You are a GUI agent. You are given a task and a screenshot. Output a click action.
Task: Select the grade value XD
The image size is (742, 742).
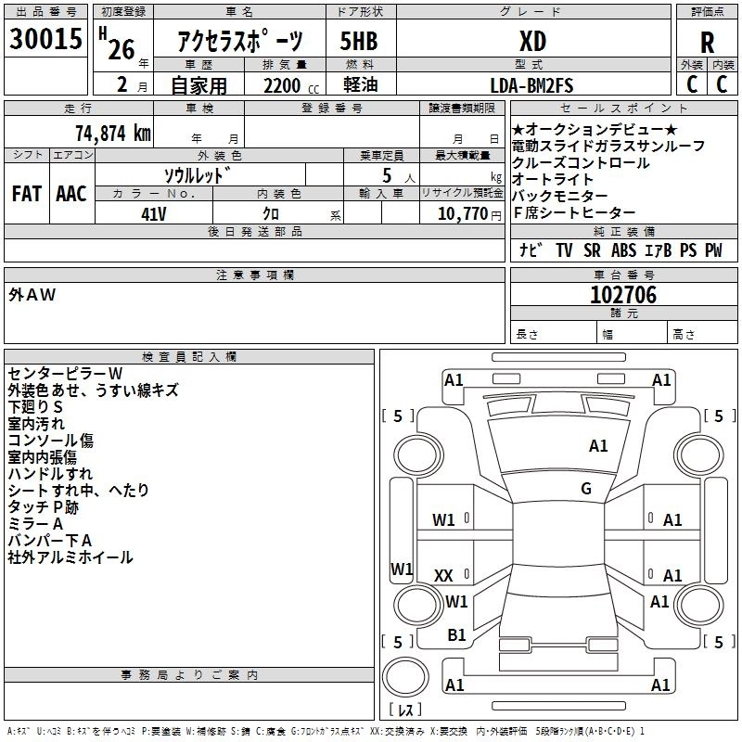coord(532,42)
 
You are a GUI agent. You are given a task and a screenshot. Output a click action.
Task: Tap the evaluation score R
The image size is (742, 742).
coord(707,43)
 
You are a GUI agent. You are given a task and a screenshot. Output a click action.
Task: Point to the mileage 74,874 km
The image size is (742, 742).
coord(112,133)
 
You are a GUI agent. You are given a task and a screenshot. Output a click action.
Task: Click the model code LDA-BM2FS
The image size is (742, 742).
coord(531,85)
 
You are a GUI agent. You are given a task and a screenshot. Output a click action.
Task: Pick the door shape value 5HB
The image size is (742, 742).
coord(360,42)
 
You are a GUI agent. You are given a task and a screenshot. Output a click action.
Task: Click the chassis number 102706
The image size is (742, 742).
coord(623,295)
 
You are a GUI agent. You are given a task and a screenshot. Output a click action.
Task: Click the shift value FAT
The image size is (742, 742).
coord(26,194)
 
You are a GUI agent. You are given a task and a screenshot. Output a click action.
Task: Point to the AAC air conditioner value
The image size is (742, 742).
coord(71,194)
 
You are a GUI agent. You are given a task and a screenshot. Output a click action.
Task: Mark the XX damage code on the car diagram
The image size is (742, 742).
coord(444,576)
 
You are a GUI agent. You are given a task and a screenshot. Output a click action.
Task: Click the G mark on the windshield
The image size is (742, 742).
coord(586,488)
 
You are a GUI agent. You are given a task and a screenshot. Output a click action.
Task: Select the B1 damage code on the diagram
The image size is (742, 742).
coord(456,635)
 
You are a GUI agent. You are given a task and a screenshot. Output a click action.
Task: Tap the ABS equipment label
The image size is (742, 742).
coord(623,250)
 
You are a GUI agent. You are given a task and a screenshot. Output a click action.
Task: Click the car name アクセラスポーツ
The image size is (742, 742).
coord(239,42)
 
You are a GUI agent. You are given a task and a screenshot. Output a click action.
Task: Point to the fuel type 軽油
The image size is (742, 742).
coord(359,86)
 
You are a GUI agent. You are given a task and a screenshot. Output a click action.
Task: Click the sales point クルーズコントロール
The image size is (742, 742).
coord(580,163)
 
